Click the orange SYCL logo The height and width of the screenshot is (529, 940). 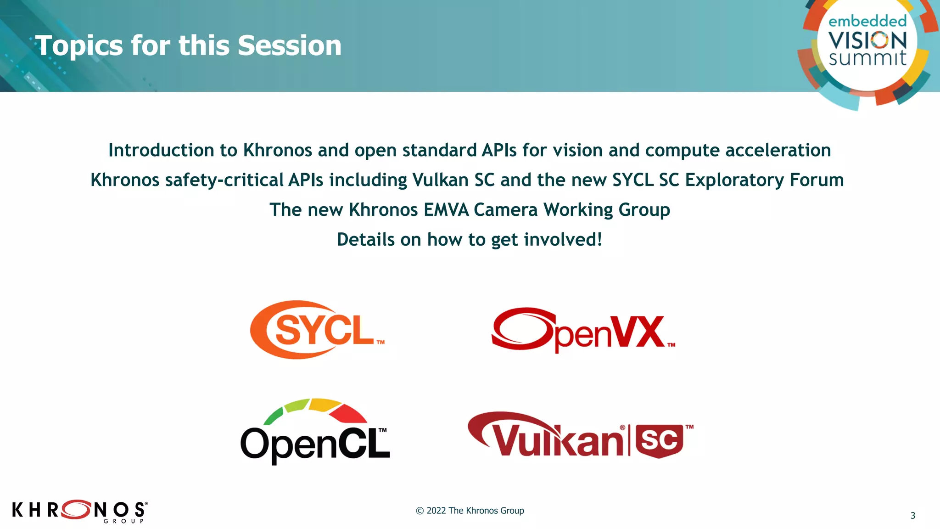pos(317,330)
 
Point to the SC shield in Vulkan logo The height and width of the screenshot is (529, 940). pos(659,441)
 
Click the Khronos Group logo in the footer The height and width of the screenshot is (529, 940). pos(79,511)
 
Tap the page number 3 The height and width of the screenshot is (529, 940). pos(912,516)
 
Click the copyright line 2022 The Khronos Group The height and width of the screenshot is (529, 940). pos(470,511)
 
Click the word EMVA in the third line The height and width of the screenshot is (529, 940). pos(446,210)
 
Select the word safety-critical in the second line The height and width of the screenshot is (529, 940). pos(224,180)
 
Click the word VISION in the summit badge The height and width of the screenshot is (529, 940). pos(867,40)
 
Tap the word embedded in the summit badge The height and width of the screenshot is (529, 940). pos(867,21)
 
